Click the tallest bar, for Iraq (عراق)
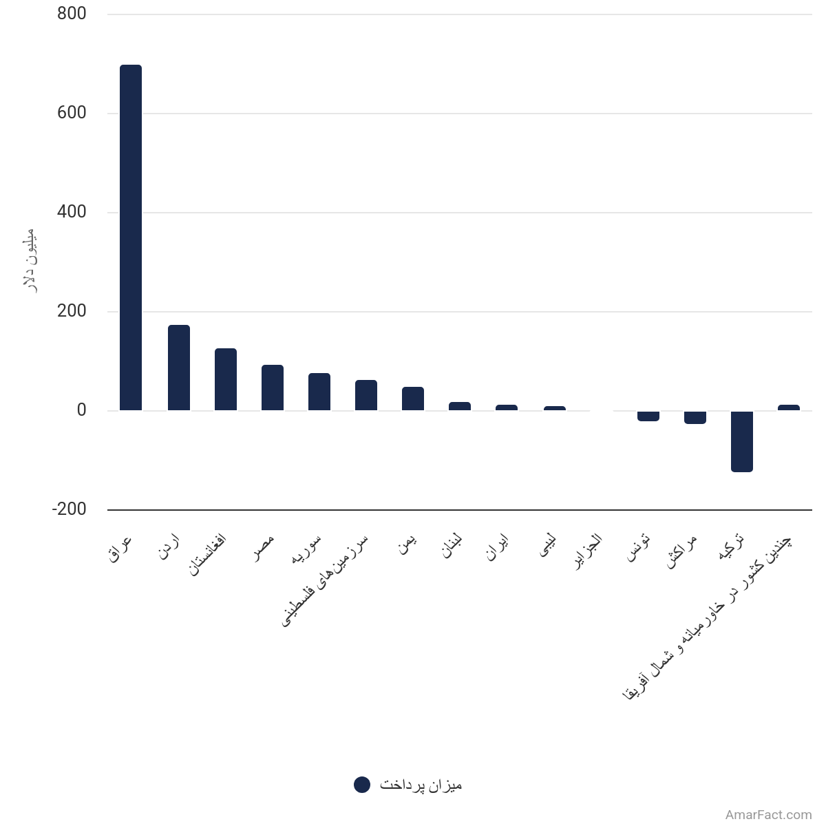131,237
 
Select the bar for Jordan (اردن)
179,368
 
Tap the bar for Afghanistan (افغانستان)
226,379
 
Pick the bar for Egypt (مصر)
273,388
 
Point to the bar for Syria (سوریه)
319,392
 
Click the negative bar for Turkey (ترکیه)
742,442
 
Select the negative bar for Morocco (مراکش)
695,418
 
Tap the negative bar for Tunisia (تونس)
648,416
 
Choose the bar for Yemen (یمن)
413,399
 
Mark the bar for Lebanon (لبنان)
460,406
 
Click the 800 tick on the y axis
72,14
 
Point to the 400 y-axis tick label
72,212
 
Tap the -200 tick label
70,509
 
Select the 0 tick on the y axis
81,410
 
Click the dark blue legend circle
362,785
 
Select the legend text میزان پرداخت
421,785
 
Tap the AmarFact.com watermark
768,815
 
